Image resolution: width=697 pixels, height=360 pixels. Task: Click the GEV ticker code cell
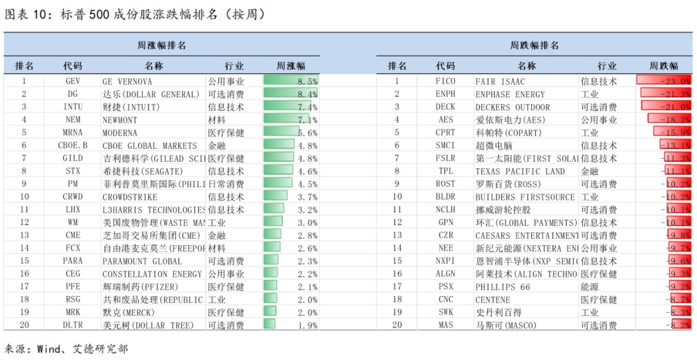(72, 81)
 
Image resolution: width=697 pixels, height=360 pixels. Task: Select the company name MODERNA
(122, 133)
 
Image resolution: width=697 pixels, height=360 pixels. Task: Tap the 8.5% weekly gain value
(307, 81)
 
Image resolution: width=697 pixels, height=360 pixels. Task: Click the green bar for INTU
(288, 107)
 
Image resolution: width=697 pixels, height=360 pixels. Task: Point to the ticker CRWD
(72, 197)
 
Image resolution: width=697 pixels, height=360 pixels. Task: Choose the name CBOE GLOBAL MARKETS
(150, 146)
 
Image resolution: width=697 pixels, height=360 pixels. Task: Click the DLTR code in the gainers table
(72, 325)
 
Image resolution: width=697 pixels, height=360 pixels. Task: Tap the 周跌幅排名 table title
(534, 45)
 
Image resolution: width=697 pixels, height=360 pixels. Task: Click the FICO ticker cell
(445, 81)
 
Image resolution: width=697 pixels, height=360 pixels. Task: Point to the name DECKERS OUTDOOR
(512, 107)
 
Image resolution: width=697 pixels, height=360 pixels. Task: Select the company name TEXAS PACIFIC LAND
(520, 172)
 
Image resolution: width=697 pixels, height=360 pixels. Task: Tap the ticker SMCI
(445, 146)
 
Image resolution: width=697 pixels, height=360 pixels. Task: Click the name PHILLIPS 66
(503, 286)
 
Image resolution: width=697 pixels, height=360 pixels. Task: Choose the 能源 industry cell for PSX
(590, 286)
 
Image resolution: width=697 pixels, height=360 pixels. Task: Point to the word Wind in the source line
(50, 349)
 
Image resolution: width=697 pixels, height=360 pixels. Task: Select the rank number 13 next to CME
(25, 235)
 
